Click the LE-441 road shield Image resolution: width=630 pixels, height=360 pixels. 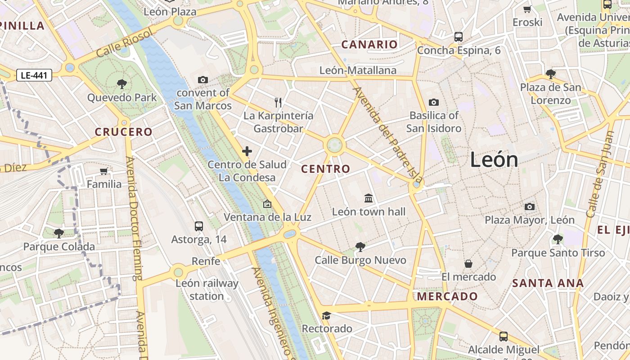34,76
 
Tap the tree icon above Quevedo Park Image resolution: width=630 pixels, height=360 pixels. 121,83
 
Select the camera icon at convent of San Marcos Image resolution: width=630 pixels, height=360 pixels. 203,80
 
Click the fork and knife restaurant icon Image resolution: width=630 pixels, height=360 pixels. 278,103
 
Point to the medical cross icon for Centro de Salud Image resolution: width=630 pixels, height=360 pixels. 247,151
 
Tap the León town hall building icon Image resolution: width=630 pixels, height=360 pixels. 369,198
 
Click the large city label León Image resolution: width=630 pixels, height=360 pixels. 494,160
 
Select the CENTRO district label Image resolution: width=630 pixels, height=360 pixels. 325,169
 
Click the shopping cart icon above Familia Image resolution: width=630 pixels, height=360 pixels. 104,171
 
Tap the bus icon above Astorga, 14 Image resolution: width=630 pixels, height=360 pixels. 199,226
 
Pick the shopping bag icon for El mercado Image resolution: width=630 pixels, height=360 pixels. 468,264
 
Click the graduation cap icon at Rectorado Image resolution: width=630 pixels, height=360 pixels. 327,315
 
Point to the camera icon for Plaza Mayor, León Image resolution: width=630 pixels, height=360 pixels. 530,207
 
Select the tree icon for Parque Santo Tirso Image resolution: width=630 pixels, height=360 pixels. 558,239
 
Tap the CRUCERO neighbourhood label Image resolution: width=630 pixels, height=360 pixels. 124,132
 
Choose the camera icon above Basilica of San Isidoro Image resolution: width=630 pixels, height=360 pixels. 434,102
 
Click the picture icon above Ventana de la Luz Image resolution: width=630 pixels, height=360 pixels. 267,204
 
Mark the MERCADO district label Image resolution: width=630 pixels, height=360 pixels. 447,297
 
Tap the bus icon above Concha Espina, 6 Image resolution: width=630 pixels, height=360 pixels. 459,37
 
